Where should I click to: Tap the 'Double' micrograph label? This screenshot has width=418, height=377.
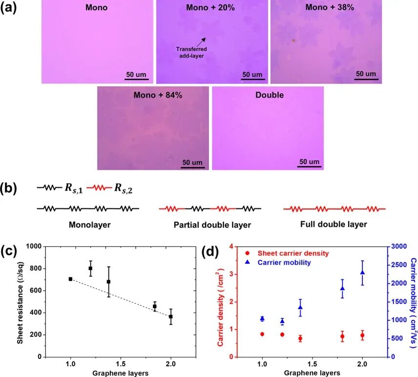pos(269,95)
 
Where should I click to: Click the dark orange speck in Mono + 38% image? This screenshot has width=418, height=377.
pos(293,40)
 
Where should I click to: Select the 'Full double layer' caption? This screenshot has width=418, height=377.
pos(334,224)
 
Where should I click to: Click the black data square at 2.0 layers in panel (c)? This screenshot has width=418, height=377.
pos(171,316)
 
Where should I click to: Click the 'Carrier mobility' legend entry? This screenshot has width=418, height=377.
pos(284,263)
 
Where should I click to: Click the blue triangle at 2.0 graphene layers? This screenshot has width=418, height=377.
pos(362,272)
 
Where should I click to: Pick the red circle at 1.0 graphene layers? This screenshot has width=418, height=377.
pos(262,334)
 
